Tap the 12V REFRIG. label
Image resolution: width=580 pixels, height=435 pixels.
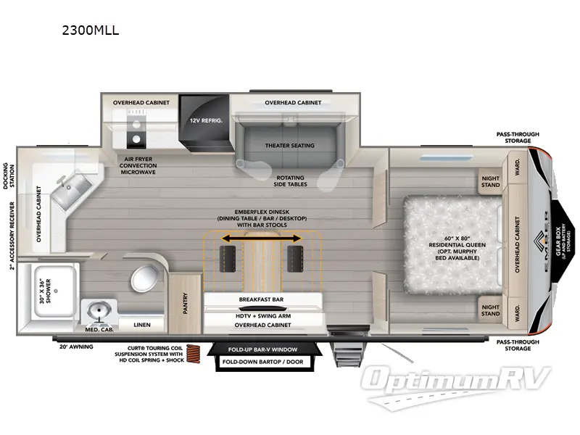[205, 120]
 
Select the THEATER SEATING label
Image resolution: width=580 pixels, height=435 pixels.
[289, 145]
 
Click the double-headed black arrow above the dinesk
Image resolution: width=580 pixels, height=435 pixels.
[262, 238]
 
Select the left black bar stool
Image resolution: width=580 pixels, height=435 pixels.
[228, 256]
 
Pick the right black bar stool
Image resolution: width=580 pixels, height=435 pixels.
[294, 256]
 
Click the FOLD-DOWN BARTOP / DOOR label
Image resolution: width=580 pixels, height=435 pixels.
[262, 362]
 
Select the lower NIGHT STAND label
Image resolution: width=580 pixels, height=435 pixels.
[491, 310]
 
